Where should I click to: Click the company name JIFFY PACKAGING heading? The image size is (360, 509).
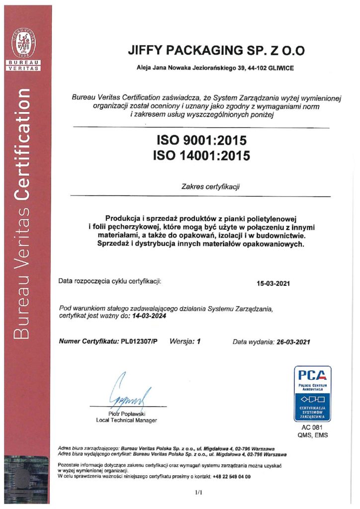point(216,51)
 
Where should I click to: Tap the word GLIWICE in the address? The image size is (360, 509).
point(278,68)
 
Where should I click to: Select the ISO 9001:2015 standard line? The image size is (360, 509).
point(201,140)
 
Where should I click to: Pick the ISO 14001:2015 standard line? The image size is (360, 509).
point(201,155)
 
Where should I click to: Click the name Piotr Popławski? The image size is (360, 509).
point(126,414)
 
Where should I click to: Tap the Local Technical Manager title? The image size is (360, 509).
point(126,421)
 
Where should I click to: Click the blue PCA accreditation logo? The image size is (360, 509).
point(312,393)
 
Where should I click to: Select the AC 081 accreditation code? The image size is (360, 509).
point(312,427)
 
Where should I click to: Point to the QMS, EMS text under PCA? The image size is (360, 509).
point(312,435)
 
